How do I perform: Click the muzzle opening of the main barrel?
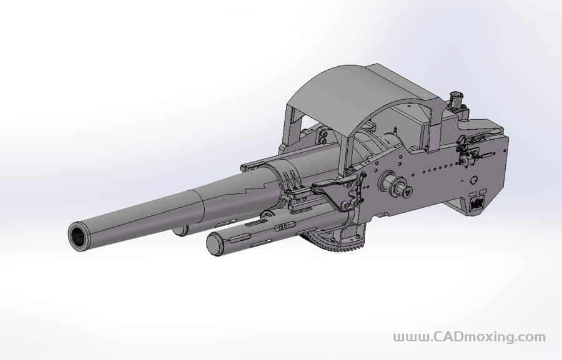point(78,237)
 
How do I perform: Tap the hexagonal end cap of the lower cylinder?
point(215,245)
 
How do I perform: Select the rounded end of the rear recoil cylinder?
point(180,230)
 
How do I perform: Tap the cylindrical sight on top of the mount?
point(456,100)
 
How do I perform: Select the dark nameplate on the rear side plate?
point(477,203)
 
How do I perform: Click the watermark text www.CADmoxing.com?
point(469,337)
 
